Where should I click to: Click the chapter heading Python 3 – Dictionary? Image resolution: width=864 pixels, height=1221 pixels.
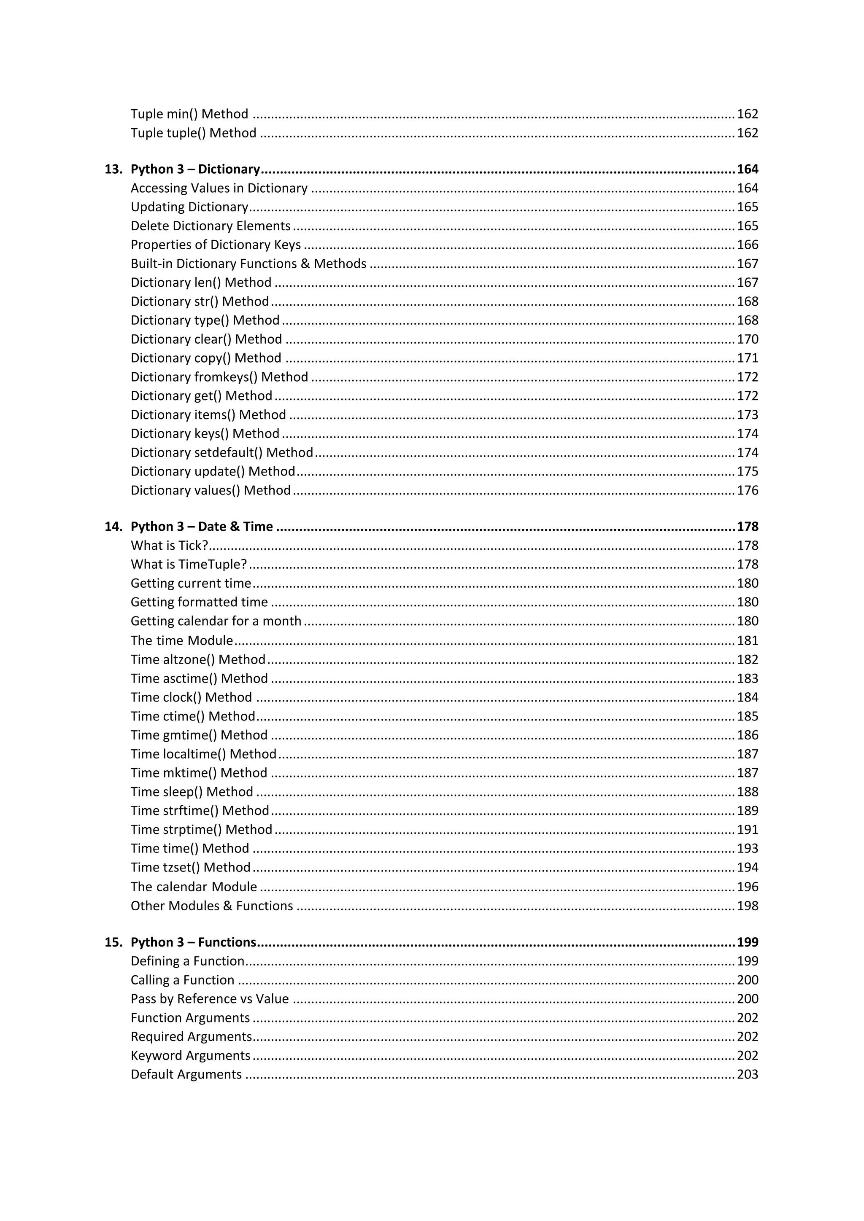[195, 169]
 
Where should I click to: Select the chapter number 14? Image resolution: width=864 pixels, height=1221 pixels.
[113, 527]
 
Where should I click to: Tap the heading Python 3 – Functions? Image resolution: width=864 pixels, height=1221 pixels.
[194, 942]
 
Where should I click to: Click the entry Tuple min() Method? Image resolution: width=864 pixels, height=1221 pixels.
[189, 114]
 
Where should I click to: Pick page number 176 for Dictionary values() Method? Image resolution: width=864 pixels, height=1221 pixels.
[747, 490]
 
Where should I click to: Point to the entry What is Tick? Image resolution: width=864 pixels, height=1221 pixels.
[169, 546]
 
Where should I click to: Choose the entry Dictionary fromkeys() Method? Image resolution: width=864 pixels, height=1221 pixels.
[219, 377]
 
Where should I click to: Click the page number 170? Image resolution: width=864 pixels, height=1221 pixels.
[747, 339]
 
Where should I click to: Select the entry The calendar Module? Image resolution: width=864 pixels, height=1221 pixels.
[194, 887]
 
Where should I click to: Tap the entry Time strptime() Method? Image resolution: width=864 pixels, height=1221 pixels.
[201, 830]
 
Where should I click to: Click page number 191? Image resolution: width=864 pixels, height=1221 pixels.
[747, 830]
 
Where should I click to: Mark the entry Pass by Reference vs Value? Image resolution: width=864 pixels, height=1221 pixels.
[210, 999]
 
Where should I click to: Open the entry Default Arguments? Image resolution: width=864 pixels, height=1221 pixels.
[186, 1074]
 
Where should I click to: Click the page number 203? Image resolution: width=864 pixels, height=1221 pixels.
[747, 1074]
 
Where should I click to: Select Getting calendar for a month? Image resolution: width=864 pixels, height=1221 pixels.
[216, 621]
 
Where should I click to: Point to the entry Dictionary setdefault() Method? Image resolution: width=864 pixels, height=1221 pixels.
[222, 452]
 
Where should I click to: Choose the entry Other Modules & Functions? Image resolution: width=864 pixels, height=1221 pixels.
[212, 906]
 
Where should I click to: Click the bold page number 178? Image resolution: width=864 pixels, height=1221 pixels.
[747, 527]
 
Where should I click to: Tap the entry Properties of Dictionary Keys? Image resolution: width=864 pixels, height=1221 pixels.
[216, 245]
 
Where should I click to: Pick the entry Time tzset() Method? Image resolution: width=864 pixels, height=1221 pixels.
[190, 867]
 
